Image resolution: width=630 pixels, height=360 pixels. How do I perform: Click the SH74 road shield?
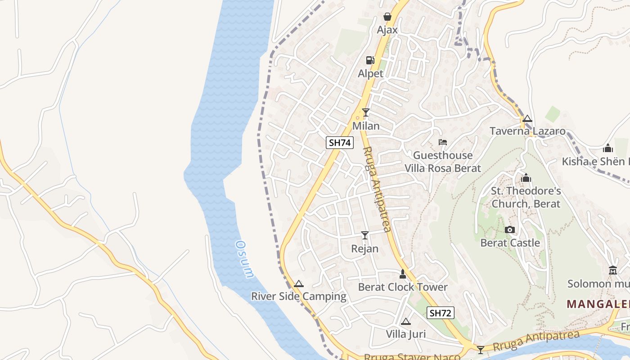pos(340,143)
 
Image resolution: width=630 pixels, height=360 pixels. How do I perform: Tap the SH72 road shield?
pos(440,313)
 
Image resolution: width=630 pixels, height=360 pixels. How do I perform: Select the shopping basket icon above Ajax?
pos(387,17)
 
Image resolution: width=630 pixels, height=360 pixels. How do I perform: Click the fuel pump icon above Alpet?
pos(370,60)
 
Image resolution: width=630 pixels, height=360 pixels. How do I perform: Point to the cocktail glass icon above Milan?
pos(366,112)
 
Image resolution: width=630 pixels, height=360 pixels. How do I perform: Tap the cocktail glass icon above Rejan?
pos(365,235)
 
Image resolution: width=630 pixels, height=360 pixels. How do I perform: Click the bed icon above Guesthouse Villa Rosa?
pos(443,143)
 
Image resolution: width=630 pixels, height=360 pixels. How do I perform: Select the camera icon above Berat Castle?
pos(510,230)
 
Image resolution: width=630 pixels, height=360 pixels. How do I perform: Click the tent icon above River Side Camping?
pos(298,284)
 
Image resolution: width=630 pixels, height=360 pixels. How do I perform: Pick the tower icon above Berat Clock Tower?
pos(403,274)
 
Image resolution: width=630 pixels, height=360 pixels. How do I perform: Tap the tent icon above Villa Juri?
pos(406,321)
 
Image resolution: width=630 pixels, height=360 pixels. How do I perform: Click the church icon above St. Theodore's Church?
pos(526,178)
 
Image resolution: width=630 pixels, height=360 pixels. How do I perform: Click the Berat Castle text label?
pos(510,243)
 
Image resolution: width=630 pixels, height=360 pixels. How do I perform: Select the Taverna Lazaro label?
pos(527,131)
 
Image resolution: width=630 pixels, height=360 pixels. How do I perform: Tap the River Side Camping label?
pos(299,297)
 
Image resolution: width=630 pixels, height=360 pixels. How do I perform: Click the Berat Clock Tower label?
pos(403,287)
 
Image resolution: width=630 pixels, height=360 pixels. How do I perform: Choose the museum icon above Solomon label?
pos(612,270)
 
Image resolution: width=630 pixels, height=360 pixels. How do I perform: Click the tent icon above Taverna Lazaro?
pos(527,119)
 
